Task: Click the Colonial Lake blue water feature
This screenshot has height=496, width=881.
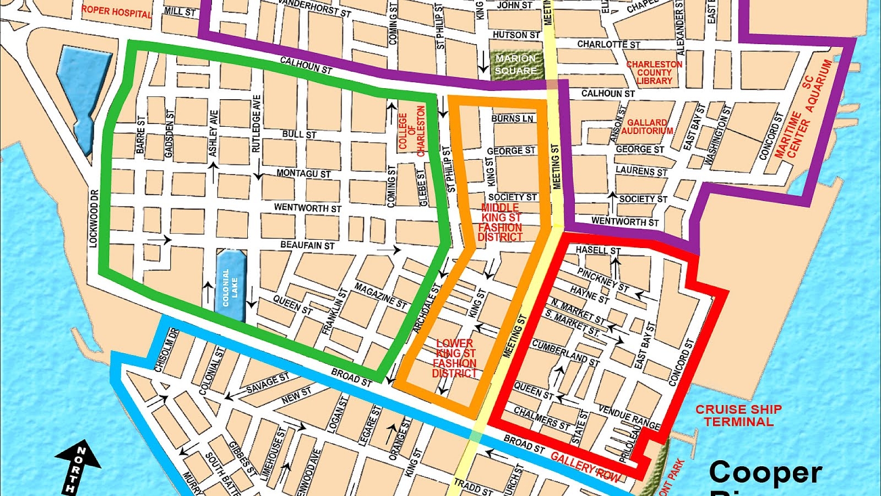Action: (x=231, y=285)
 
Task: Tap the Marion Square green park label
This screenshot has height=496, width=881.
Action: (x=515, y=64)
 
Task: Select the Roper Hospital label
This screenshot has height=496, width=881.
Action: (x=117, y=11)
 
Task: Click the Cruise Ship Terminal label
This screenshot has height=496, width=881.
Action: (x=738, y=416)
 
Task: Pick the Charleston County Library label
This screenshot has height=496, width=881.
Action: (x=654, y=73)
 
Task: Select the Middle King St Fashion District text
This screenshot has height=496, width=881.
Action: (x=500, y=222)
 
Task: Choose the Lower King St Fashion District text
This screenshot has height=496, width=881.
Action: (x=454, y=358)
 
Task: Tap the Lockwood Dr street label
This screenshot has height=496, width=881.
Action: (x=94, y=218)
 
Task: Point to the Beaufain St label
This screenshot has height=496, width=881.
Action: (x=307, y=245)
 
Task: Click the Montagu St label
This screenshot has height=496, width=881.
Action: (x=303, y=173)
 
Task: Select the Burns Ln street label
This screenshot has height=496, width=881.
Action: (x=512, y=118)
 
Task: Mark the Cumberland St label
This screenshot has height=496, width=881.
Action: (x=565, y=353)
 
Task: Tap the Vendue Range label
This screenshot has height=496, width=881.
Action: (x=629, y=418)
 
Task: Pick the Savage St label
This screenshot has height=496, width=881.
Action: (x=267, y=382)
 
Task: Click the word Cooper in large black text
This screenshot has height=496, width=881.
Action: (x=765, y=473)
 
